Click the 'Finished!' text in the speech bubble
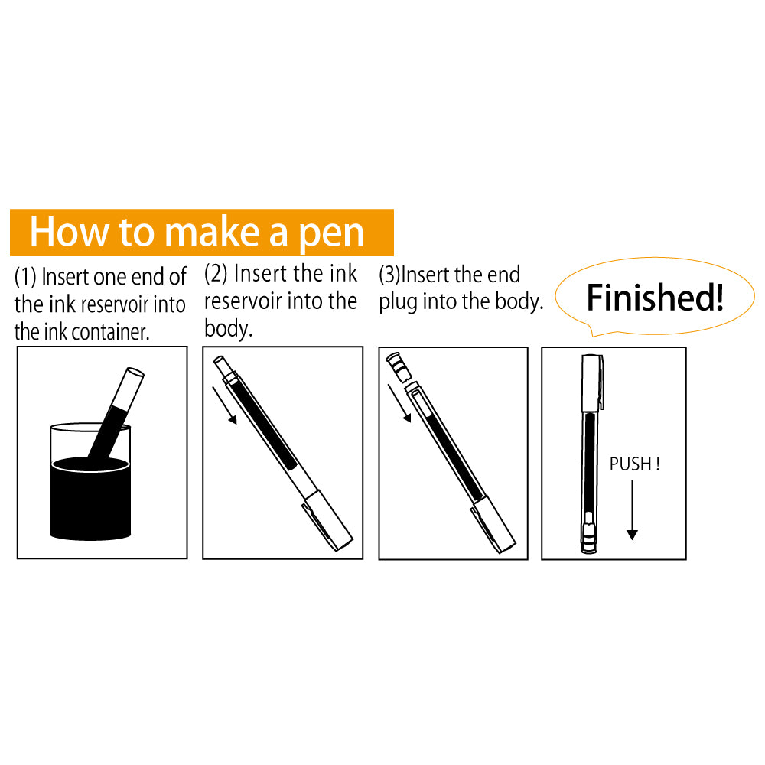click(654, 298)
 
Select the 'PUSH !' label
click(634, 464)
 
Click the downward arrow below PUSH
click(632, 513)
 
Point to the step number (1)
click(25, 277)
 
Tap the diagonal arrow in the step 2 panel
click(226, 405)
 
